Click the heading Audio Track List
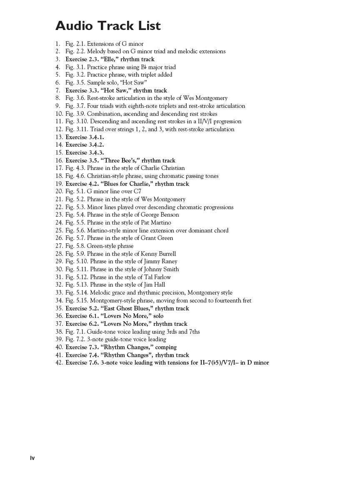pos(108,26)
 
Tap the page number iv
pos(32,458)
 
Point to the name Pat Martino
pos(156,222)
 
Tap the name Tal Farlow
pos(157,277)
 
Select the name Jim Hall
pos(154,285)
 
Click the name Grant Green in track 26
pos(157,238)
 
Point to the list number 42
pos(59,363)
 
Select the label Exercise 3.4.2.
pos(85,145)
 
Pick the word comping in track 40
pos(166,347)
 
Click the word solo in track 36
pos(158,316)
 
